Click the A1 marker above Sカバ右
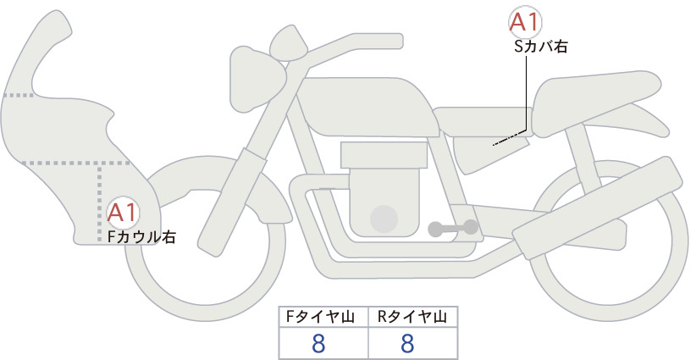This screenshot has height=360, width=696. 525,22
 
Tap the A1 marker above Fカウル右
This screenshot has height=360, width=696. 123,213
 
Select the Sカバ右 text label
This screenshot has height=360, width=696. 541,47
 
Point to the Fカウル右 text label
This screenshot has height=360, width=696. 141,237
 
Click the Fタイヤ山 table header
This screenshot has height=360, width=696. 320,317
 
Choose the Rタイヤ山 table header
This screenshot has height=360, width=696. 412,317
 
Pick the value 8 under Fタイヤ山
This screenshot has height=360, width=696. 318,344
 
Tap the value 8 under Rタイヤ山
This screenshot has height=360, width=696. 407,344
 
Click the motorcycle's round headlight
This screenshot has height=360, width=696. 257,79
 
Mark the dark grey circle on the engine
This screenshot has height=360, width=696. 384,219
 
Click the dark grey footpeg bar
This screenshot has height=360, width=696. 453,228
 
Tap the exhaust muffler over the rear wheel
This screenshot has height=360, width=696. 597,208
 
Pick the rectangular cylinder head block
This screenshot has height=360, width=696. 384,155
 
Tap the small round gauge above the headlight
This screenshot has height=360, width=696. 289,44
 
